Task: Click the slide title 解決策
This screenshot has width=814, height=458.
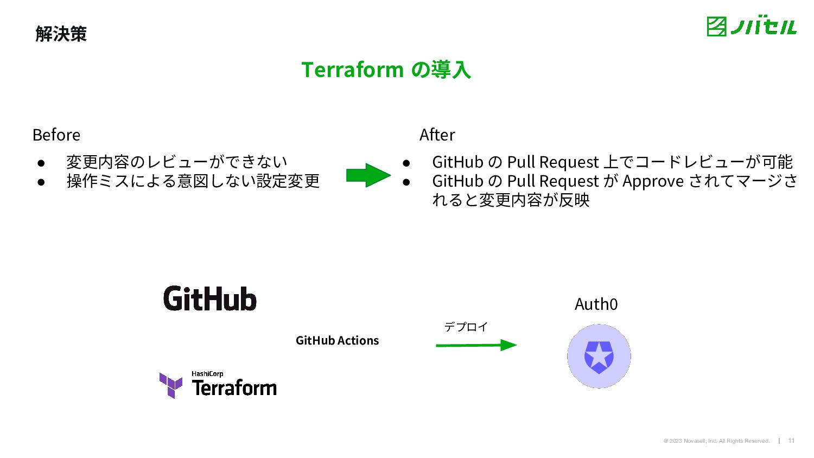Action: tap(61, 34)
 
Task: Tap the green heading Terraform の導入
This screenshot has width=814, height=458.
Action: tap(386, 70)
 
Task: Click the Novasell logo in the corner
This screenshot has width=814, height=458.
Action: tap(751, 27)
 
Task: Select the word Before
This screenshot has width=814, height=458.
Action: tap(56, 135)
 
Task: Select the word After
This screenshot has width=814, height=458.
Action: tap(437, 135)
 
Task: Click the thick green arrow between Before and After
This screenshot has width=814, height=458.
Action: tap(368, 175)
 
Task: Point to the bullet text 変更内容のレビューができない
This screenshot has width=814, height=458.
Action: tap(176, 162)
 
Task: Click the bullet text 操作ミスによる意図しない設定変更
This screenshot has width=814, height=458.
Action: tap(193, 181)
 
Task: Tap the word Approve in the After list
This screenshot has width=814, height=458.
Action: tap(653, 181)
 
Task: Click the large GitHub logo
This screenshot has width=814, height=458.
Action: tap(210, 299)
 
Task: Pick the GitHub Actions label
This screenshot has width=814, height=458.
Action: tap(337, 340)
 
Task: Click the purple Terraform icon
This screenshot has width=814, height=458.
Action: tap(171, 385)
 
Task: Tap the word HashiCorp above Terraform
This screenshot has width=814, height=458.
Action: tap(207, 374)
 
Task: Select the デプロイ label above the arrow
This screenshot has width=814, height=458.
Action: tap(466, 327)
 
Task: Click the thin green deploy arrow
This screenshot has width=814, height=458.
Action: tap(476, 345)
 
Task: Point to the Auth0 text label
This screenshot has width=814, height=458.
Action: tap(596, 304)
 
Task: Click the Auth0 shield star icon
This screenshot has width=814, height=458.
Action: tap(599, 357)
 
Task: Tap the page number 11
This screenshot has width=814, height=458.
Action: tap(791, 441)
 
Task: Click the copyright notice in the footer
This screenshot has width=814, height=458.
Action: tap(716, 441)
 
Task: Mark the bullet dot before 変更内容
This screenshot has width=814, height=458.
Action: tap(41, 162)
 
